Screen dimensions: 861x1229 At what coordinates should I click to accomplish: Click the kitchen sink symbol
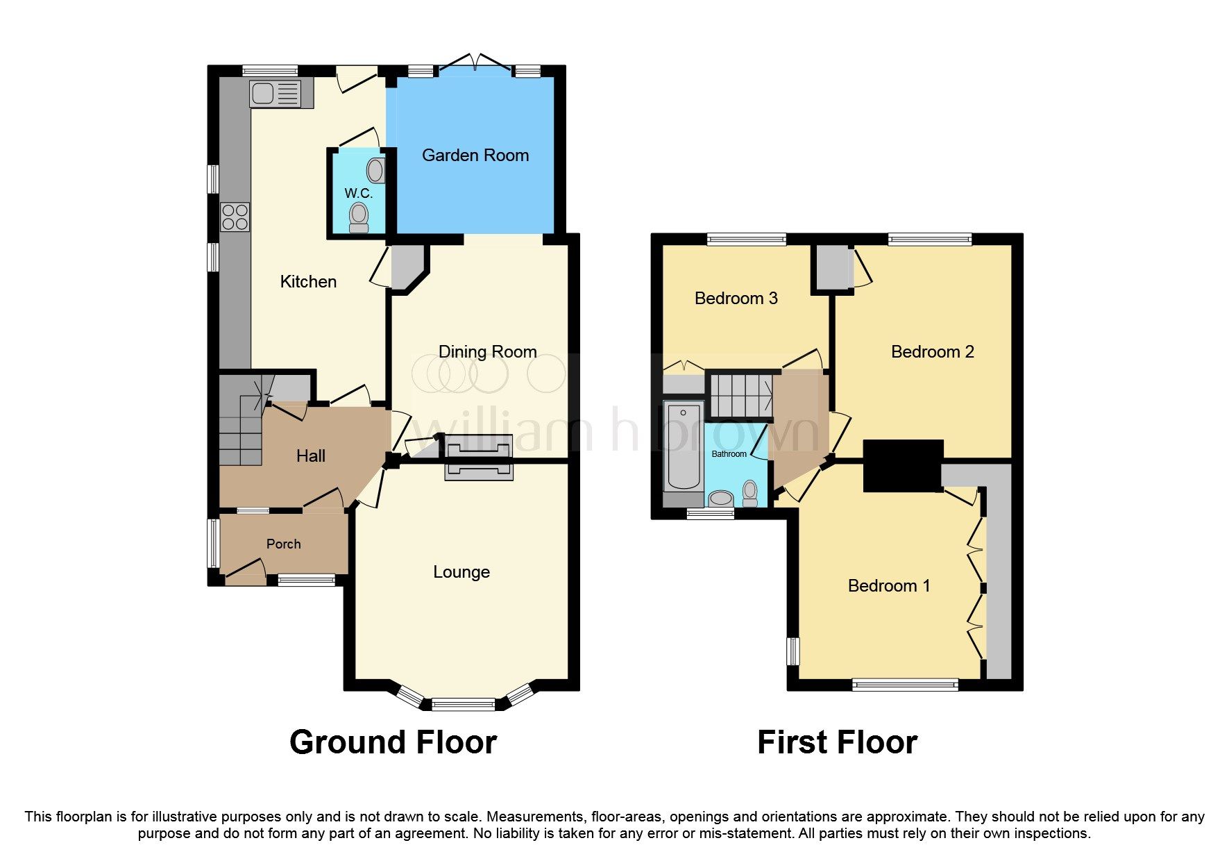pos(276,94)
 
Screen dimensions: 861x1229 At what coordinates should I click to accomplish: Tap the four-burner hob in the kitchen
pos(235,217)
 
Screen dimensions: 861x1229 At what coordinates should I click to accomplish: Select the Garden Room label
pos(475,156)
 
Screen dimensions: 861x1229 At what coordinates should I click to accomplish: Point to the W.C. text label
pos(359,193)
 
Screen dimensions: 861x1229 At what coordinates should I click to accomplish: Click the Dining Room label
pos(487,352)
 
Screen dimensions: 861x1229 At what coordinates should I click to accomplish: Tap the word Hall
pos(310,456)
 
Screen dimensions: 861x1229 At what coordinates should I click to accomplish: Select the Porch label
pos(283,544)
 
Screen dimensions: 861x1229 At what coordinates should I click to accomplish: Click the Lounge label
pos(461,572)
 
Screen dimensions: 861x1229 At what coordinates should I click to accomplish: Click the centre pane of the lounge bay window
pos(463,705)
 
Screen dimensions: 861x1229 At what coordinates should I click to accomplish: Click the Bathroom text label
pos(729,454)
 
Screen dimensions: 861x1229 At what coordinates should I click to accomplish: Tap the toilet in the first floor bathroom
pos(749,492)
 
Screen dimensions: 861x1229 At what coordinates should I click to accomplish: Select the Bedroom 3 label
pos(736,299)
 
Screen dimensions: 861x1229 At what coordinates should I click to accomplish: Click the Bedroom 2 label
pos(932,352)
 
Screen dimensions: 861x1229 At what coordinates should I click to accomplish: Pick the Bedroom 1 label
pos(888,586)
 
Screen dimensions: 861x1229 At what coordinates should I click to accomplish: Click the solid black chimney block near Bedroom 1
pos(903,465)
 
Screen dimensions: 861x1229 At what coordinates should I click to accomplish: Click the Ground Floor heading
pos(393,742)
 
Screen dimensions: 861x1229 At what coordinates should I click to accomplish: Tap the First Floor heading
pos(837,742)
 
